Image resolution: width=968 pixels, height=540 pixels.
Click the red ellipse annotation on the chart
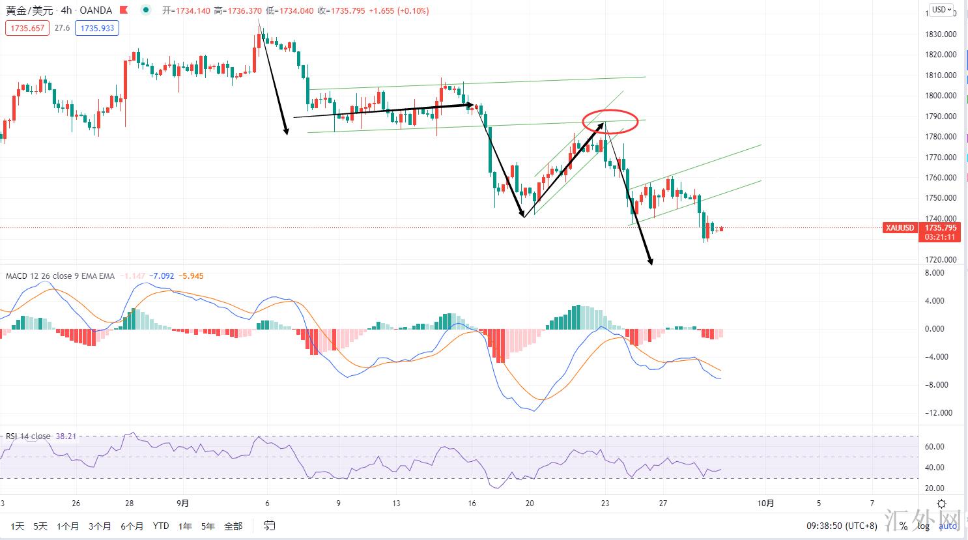coord(609,121)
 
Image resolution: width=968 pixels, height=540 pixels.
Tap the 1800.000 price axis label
coord(941,96)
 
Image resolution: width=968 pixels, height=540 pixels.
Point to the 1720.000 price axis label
coord(941,259)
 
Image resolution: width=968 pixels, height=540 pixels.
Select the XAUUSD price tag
coord(900,228)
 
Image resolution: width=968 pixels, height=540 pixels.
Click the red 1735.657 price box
coord(27,28)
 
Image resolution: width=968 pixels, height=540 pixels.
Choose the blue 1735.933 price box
coord(97,28)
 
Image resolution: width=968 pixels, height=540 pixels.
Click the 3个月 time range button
coord(100,526)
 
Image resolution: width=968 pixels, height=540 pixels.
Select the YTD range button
coord(160,526)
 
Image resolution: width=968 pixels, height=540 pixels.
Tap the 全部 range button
coord(233,526)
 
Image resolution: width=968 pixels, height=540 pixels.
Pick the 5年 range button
coord(208,526)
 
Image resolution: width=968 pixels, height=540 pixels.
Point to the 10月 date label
coord(767,503)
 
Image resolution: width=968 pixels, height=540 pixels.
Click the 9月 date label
coord(183,503)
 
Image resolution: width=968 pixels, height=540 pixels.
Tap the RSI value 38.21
coord(66,436)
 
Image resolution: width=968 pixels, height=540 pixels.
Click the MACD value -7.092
coord(162,276)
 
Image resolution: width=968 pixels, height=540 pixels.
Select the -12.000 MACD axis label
coord(939,413)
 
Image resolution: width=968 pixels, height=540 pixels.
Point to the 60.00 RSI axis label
coord(935,447)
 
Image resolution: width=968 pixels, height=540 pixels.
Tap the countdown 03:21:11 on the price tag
coord(941,237)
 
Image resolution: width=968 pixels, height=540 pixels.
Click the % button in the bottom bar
coord(904,526)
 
